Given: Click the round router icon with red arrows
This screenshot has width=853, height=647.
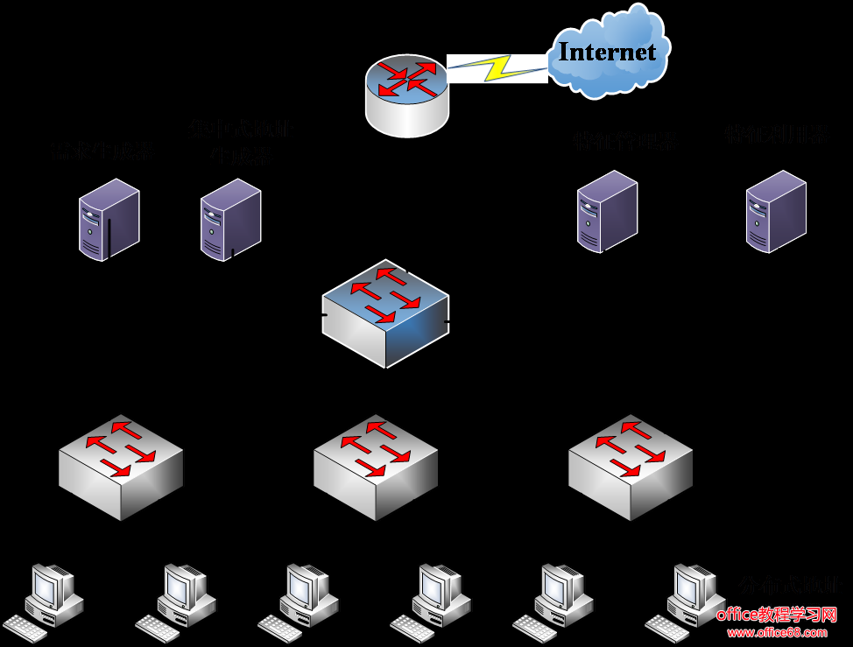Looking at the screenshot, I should pos(406,95).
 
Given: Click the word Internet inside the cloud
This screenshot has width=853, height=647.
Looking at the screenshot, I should pos(607,52).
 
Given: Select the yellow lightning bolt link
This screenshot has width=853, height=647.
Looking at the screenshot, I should pos(497,68).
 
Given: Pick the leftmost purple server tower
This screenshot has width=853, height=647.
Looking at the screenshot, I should pos(109,220).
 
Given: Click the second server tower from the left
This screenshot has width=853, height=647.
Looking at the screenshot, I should pos(230,220).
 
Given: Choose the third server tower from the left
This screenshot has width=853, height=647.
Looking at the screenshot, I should pos(607,212).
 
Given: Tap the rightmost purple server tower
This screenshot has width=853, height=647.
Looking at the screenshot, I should pos(776,212).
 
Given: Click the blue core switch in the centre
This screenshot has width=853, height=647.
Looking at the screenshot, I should pos(385,313).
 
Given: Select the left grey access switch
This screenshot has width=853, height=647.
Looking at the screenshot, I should pos(121,467).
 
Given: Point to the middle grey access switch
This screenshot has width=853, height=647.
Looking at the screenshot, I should pos(376,467).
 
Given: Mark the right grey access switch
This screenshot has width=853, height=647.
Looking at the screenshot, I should pos(631,467).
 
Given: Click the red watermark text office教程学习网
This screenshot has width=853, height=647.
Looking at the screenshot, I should pos(777,615).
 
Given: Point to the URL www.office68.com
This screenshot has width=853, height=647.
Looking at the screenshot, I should pos(777,632).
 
